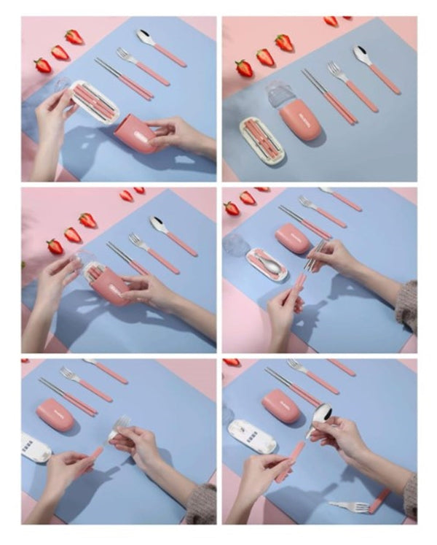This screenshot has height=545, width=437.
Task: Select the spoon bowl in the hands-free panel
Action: click(x=362, y=53)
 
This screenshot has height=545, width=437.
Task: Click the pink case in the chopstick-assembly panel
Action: click(x=294, y=239)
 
